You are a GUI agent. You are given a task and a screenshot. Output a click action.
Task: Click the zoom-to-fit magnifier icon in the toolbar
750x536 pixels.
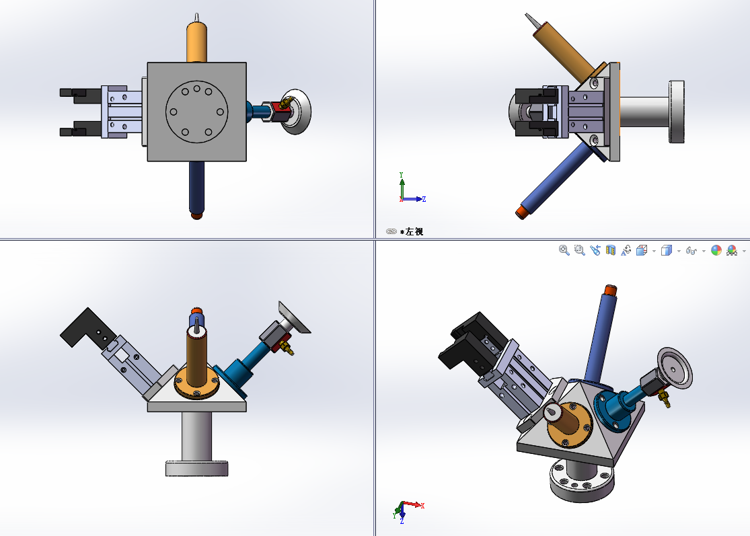click(x=564, y=250)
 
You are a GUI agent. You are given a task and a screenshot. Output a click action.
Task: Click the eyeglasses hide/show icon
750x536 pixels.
click(x=691, y=251)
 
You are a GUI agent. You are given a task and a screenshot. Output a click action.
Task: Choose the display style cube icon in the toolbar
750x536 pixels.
click(x=666, y=251)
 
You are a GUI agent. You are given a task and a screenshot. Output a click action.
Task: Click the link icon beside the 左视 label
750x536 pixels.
click(x=391, y=231)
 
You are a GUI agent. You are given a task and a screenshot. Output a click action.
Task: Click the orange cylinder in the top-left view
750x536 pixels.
click(x=196, y=42)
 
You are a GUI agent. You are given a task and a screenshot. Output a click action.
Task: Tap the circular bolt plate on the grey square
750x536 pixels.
click(x=196, y=112)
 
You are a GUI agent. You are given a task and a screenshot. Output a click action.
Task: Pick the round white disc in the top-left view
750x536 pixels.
click(x=298, y=112)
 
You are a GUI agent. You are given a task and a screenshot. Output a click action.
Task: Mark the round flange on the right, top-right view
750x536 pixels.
click(x=676, y=112)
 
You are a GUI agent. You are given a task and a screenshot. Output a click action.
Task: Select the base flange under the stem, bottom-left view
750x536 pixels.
click(x=196, y=468)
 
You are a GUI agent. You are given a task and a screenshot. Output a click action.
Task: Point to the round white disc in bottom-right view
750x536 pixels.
click(x=675, y=368)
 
